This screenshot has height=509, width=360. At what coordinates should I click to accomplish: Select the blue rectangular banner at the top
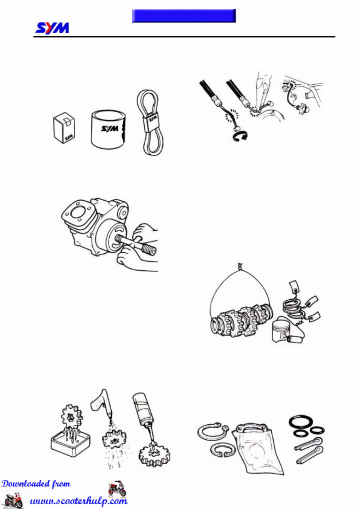[x=183, y=15]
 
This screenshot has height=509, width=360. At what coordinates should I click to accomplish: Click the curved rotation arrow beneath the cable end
[x=239, y=137]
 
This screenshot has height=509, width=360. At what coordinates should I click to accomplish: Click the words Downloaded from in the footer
[x=36, y=484]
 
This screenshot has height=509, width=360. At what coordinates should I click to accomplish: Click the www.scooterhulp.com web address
[x=79, y=501]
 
